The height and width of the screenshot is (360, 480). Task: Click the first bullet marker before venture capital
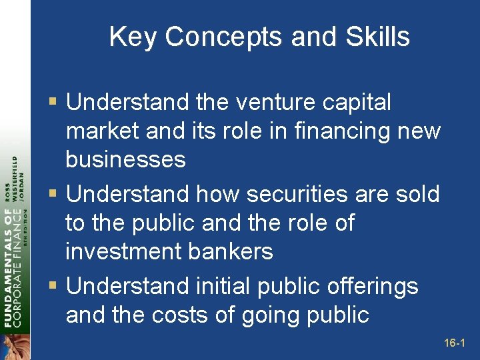point(53,103)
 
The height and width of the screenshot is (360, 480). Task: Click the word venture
point(253,103)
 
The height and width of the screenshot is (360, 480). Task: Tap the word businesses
point(125,160)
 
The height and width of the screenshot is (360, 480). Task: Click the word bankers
point(237,251)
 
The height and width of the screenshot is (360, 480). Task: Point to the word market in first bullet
point(103,131)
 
